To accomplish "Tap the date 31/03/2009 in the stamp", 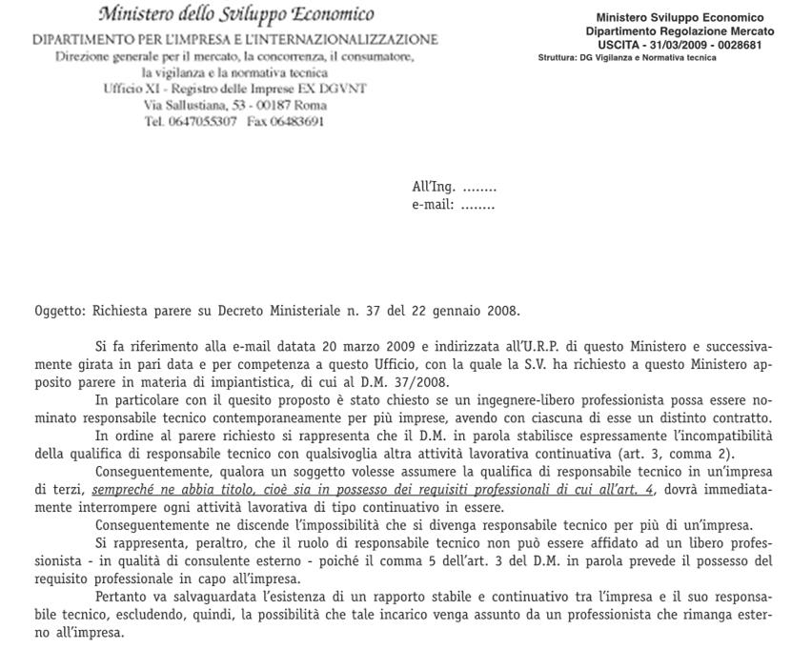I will point(679,46).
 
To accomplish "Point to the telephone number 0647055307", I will point(203,123).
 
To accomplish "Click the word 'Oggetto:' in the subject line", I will point(59,311).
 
